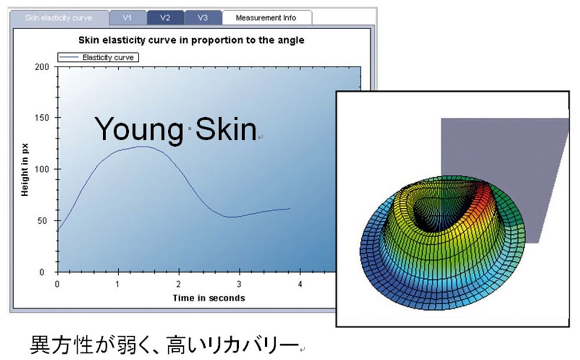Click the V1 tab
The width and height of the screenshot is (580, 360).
[x=128, y=18]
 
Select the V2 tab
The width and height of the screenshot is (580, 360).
[x=165, y=18]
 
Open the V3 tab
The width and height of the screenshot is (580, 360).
[x=202, y=18]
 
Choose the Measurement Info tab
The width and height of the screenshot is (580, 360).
[x=266, y=18]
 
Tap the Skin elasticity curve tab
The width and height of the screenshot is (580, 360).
[x=59, y=18]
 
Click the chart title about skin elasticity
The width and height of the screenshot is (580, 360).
[x=191, y=40]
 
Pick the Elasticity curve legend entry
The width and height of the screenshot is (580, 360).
[x=99, y=57]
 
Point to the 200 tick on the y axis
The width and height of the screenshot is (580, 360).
[x=42, y=67]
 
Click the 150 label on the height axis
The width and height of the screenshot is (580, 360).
[x=42, y=118]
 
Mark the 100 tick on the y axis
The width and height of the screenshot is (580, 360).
[x=42, y=169]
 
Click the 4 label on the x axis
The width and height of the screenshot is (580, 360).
[x=300, y=284]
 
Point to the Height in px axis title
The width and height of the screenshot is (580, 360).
[x=25, y=170]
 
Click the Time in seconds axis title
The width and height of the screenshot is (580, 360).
[x=209, y=298]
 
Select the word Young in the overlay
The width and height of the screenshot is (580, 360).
[x=139, y=129]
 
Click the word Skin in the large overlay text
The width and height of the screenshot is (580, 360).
[x=226, y=129]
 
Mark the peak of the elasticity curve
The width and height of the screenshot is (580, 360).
[x=143, y=146]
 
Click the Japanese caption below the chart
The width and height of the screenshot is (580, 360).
[x=165, y=344]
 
